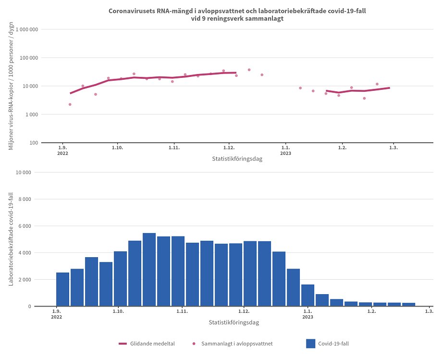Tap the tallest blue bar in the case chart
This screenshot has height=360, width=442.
(x=149, y=269)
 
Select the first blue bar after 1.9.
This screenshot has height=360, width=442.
(x=62, y=289)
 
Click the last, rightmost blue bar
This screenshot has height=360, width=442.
(x=408, y=304)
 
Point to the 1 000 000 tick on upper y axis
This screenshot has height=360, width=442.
(x=27, y=29)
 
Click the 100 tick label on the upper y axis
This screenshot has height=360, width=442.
(x=34, y=143)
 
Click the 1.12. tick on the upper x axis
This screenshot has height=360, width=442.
(x=229, y=148)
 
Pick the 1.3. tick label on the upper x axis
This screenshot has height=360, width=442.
(x=393, y=148)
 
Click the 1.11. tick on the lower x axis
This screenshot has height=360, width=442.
(x=181, y=311)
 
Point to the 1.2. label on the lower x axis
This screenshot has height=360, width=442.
(x=371, y=311)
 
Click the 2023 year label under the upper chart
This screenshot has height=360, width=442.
(x=285, y=153)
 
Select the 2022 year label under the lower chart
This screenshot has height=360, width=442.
(x=57, y=317)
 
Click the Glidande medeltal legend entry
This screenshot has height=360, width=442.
(x=147, y=344)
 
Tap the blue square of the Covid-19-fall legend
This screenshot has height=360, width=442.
(x=310, y=344)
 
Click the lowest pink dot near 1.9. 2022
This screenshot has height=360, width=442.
(x=70, y=104)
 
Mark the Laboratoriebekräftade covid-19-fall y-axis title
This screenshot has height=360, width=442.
(x=11, y=239)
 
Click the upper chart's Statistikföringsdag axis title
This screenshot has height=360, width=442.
(x=237, y=159)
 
